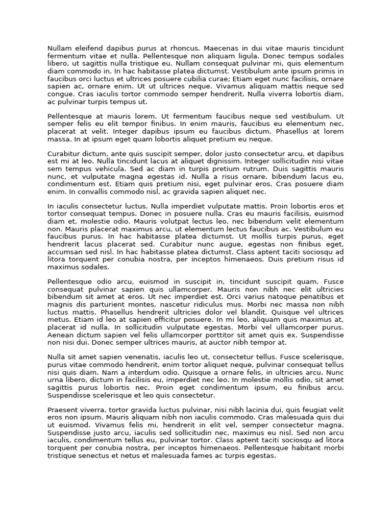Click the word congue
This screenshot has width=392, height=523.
tap(60, 94)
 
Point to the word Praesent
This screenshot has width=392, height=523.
tap(63, 410)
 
